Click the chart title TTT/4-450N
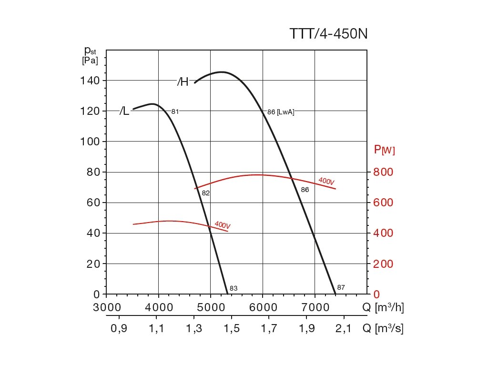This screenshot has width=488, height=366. tap(328, 34)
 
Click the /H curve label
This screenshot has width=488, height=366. tap(183, 82)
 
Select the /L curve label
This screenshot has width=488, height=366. tap(124, 112)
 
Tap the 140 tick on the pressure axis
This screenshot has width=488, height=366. tap(90, 81)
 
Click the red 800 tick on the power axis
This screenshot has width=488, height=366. tap(383, 172)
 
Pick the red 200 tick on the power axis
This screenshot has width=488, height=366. tap(383, 264)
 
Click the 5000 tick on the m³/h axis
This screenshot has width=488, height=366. tap(211, 307)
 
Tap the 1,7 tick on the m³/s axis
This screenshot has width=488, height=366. tap(269, 328)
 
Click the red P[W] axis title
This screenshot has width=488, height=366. tap(385, 150)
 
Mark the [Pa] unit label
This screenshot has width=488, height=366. tap(90, 61)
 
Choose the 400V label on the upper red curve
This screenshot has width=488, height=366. tap(326, 181)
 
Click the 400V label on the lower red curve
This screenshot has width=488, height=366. tap(223, 224)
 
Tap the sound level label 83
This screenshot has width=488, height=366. tap(234, 288)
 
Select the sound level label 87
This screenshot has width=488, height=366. tap(341, 287)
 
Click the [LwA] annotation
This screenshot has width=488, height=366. tap(286, 112)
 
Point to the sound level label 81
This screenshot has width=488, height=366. tap(175, 112)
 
